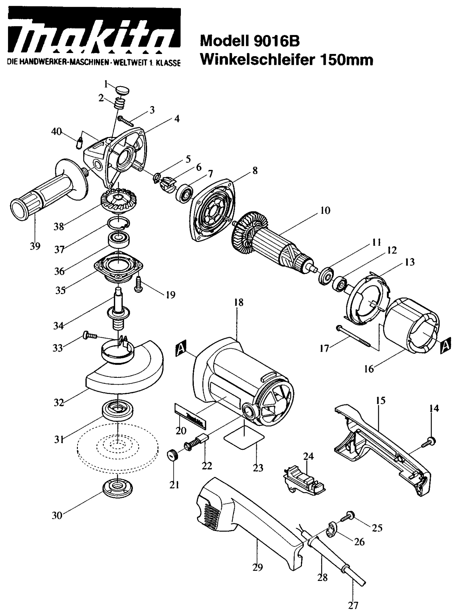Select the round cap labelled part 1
123,91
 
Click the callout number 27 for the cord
353,605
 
